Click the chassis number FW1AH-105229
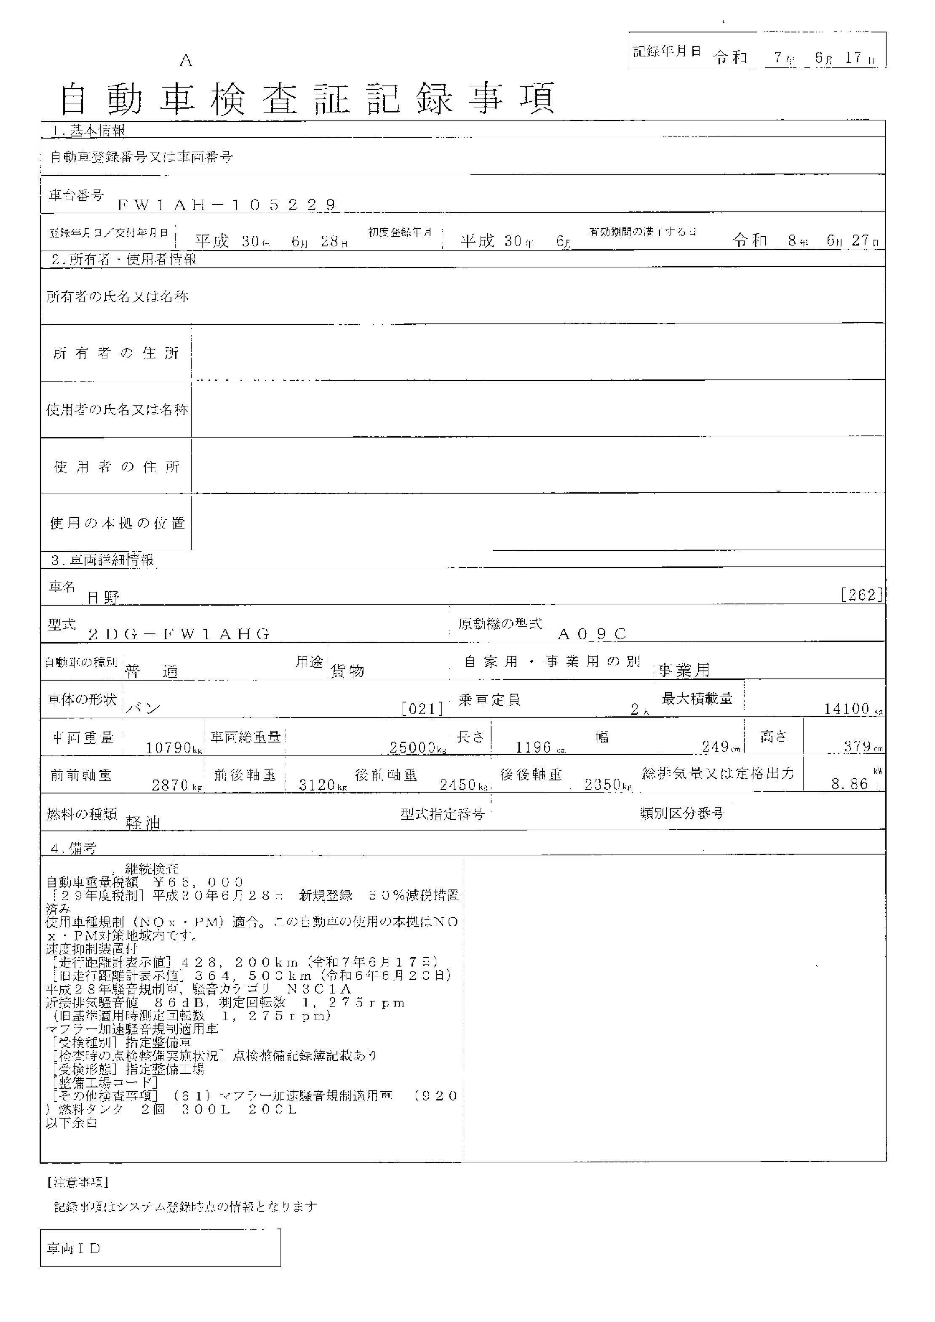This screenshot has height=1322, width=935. [x=227, y=205]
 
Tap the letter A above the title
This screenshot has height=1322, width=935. [x=185, y=61]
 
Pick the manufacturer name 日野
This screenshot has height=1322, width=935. [x=104, y=598]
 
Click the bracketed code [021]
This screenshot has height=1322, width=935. [x=422, y=709]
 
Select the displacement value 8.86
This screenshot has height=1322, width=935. [x=851, y=784]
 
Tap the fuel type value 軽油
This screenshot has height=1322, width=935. [x=143, y=823]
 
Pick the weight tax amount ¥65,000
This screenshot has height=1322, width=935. [x=199, y=883]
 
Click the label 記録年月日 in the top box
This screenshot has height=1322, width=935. [x=667, y=51]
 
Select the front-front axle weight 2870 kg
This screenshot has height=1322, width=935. [x=176, y=785]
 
